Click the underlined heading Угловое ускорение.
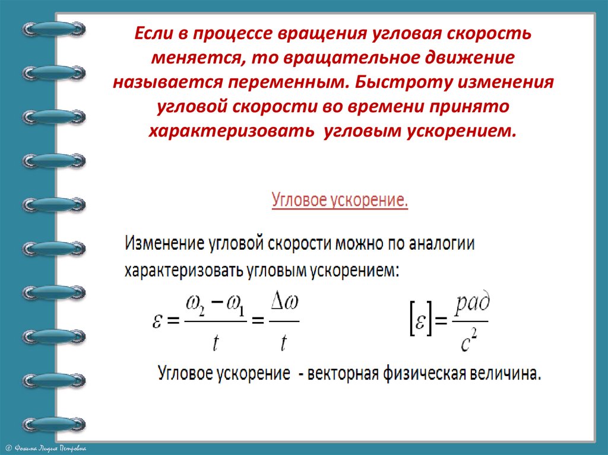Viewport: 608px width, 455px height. click(340, 200)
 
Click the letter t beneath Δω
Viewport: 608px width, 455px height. click(284, 342)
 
